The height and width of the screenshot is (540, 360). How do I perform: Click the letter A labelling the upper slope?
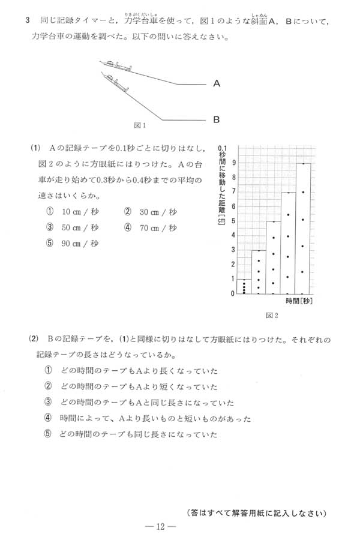216,84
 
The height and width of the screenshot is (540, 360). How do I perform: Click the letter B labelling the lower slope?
216,119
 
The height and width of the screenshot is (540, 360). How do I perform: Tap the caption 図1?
140,126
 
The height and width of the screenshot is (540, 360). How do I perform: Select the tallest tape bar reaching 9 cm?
304,228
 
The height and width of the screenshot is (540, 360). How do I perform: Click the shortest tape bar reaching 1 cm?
244,286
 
